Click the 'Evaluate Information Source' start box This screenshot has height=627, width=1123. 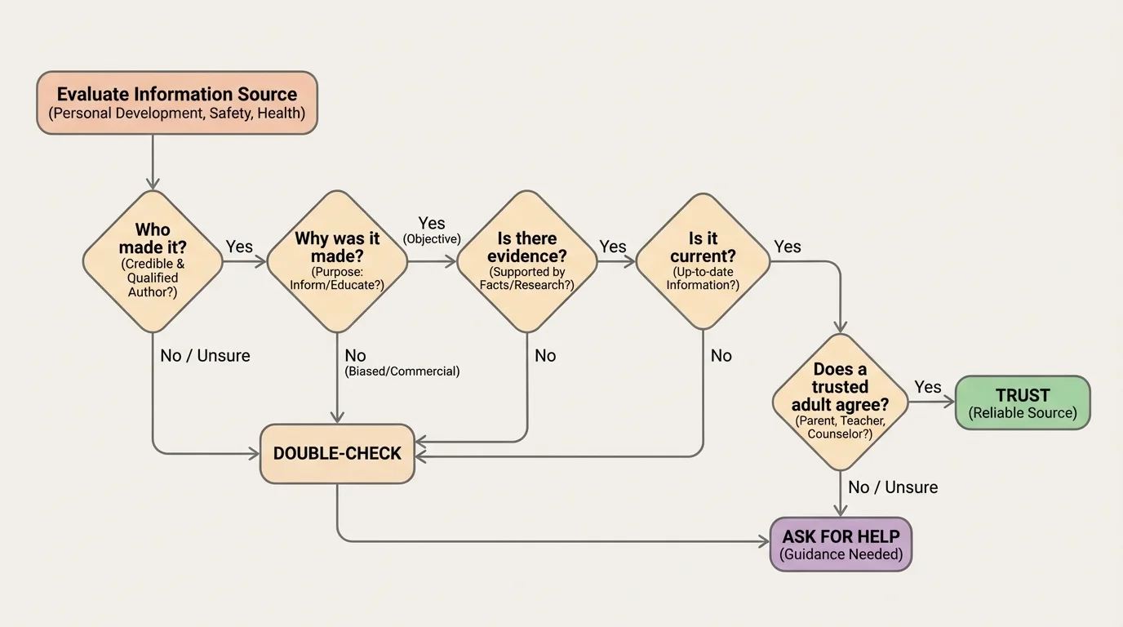click(x=176, y=102)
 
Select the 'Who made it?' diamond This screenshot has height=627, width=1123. click(x=153, y=261)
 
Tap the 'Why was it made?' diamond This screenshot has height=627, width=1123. click(x=337, y=261)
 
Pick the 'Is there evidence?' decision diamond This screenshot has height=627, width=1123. click(x=527, y=261)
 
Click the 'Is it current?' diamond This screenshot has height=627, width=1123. click(x=703, y=261)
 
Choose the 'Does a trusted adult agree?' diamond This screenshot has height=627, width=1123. click(x=840, y=402)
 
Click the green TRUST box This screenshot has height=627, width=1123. click(x=1023, y=402)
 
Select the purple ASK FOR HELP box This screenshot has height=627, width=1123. click(x=841, y=545)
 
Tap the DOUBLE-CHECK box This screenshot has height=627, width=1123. click(x=337, y=454)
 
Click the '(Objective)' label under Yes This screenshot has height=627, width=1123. click(x=432, y=239)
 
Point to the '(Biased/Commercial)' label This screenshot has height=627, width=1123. click(x=402, y=371)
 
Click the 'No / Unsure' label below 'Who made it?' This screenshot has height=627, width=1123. click(x=205, y=355)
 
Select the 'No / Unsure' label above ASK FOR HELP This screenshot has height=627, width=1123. click(x=893, y=487)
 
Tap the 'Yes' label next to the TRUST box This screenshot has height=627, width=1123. click(x=927, y=387)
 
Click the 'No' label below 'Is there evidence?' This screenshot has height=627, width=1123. click(x=545, y=355)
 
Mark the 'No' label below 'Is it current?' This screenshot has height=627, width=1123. click(x=721, y=355)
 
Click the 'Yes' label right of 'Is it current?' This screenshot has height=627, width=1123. click(x=788, y=247)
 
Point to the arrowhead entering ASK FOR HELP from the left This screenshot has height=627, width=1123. click(x=765, y=541)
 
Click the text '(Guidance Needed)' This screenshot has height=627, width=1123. click(x=841, y=555)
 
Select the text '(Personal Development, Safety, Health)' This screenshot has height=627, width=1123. click(x=176, y=113)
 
